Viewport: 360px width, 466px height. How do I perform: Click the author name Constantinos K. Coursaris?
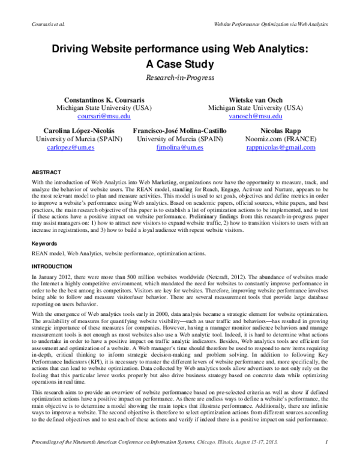[104, 99]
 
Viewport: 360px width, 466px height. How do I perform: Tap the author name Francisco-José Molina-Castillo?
[179, 130]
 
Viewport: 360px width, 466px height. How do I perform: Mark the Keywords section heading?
[44, 244]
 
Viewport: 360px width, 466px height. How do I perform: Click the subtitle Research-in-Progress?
[179, 77]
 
